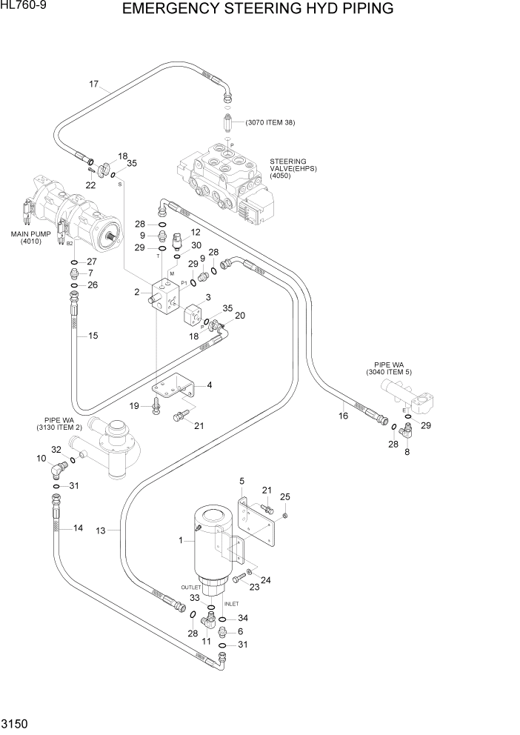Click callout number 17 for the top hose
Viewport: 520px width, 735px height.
click(94, 84)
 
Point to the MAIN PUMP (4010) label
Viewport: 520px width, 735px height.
click(30, 237)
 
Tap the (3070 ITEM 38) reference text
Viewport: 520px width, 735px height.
click(270, 122)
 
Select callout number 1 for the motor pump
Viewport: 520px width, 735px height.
click(180, 542)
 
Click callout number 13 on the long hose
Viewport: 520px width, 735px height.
click(101, 530)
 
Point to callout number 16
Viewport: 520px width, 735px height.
click(343, 416)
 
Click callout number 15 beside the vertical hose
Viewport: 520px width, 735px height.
click(93, 336)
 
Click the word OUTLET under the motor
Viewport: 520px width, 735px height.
click(191, 587)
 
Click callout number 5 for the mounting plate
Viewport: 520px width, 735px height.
click(241, 482)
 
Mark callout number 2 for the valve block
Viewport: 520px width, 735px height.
click(137, 292)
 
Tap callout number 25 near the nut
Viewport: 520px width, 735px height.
click(286, 496)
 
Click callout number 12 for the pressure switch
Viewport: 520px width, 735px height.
click(196, 232)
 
